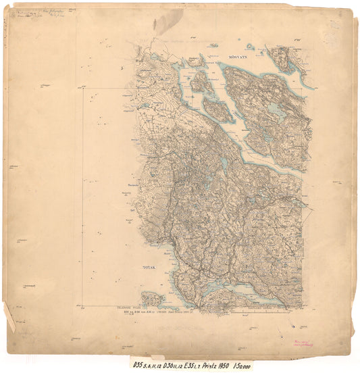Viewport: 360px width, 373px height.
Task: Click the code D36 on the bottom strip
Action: click(174, 364)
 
